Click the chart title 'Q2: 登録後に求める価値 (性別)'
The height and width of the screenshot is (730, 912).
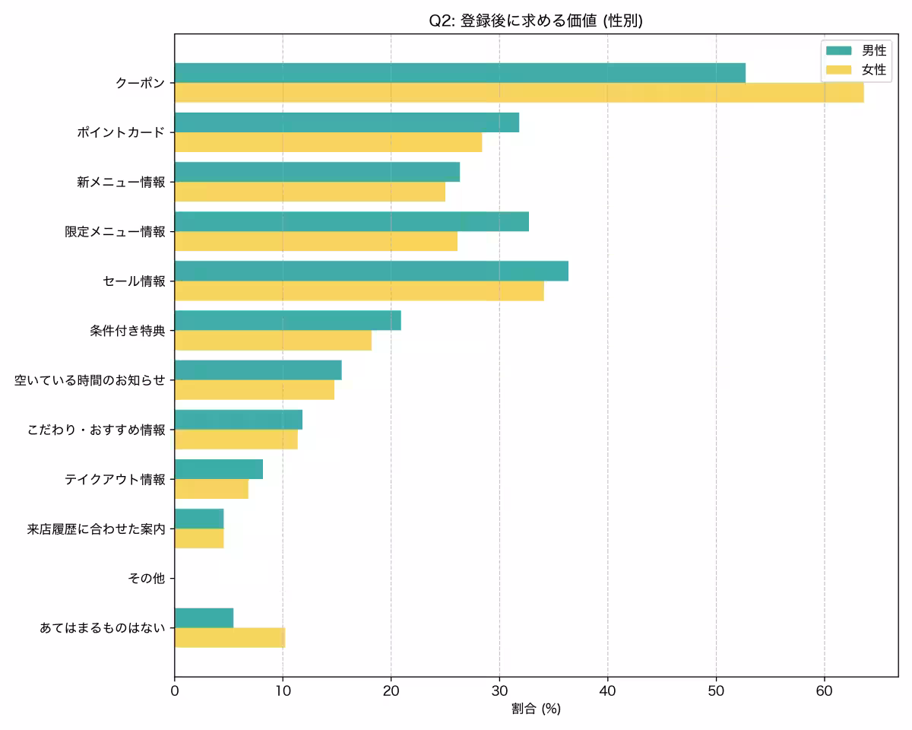click(536, 21)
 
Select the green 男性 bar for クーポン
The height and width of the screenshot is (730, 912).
click(460, 73)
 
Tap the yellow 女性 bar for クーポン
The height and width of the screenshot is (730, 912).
click(519, 93)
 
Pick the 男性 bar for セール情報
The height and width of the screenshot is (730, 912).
click(372, 271)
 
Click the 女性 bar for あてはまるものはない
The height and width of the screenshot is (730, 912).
click(230, 638)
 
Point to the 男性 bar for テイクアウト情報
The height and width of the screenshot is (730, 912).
click(219, 469)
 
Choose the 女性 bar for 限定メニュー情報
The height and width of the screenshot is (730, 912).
click(316, 241)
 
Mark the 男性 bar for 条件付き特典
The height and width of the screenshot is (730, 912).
click(288, 320)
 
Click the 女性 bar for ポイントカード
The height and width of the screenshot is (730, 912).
click(328, 142)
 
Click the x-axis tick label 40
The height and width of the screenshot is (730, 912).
click(607, 690)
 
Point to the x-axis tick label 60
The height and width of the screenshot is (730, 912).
click(824, 690)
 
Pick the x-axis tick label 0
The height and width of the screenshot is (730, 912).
click(175, 690)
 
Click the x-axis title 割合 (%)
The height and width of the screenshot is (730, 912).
click(536, 709)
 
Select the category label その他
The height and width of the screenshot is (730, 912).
click(147, 579)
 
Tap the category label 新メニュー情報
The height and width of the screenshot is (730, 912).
click(121, 182)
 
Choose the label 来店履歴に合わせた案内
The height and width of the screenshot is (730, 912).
click(96, 529)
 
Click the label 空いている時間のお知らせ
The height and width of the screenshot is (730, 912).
click(90, 380)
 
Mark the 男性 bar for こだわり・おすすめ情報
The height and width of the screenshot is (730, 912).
click(239, 420)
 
